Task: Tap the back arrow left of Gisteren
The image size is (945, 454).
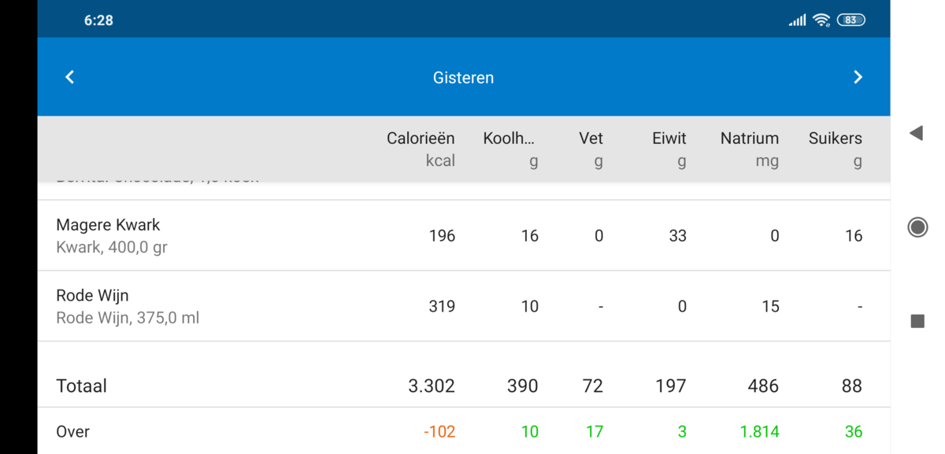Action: point(70,77)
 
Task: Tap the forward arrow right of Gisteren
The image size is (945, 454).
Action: point(858,77)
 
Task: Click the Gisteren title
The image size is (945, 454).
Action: point(463,78)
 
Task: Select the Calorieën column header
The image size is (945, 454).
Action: point(421,139)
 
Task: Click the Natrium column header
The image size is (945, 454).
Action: point(749,139)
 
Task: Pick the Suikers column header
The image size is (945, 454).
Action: point(835,139)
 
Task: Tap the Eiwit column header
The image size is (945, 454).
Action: point(669,139)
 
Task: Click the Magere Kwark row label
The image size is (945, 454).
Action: point(108,225)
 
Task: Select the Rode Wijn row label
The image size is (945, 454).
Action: point(92,296)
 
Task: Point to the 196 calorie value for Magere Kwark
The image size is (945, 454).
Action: point(442,236)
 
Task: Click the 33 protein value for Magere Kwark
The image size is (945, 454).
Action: point(677,236)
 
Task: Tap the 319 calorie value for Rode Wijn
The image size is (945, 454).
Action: point(442,307)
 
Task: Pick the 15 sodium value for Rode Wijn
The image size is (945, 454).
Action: point(770,307)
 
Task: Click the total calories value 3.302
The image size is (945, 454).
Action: point(432,386)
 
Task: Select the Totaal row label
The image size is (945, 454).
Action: point(81,386)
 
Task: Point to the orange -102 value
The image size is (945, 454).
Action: point(439,432)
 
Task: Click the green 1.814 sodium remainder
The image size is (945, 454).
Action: point(759,432)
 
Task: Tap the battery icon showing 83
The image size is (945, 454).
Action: point(850,20)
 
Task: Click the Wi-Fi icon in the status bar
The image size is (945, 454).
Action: point(821,20)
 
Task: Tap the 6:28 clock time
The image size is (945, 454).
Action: point(98,20)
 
